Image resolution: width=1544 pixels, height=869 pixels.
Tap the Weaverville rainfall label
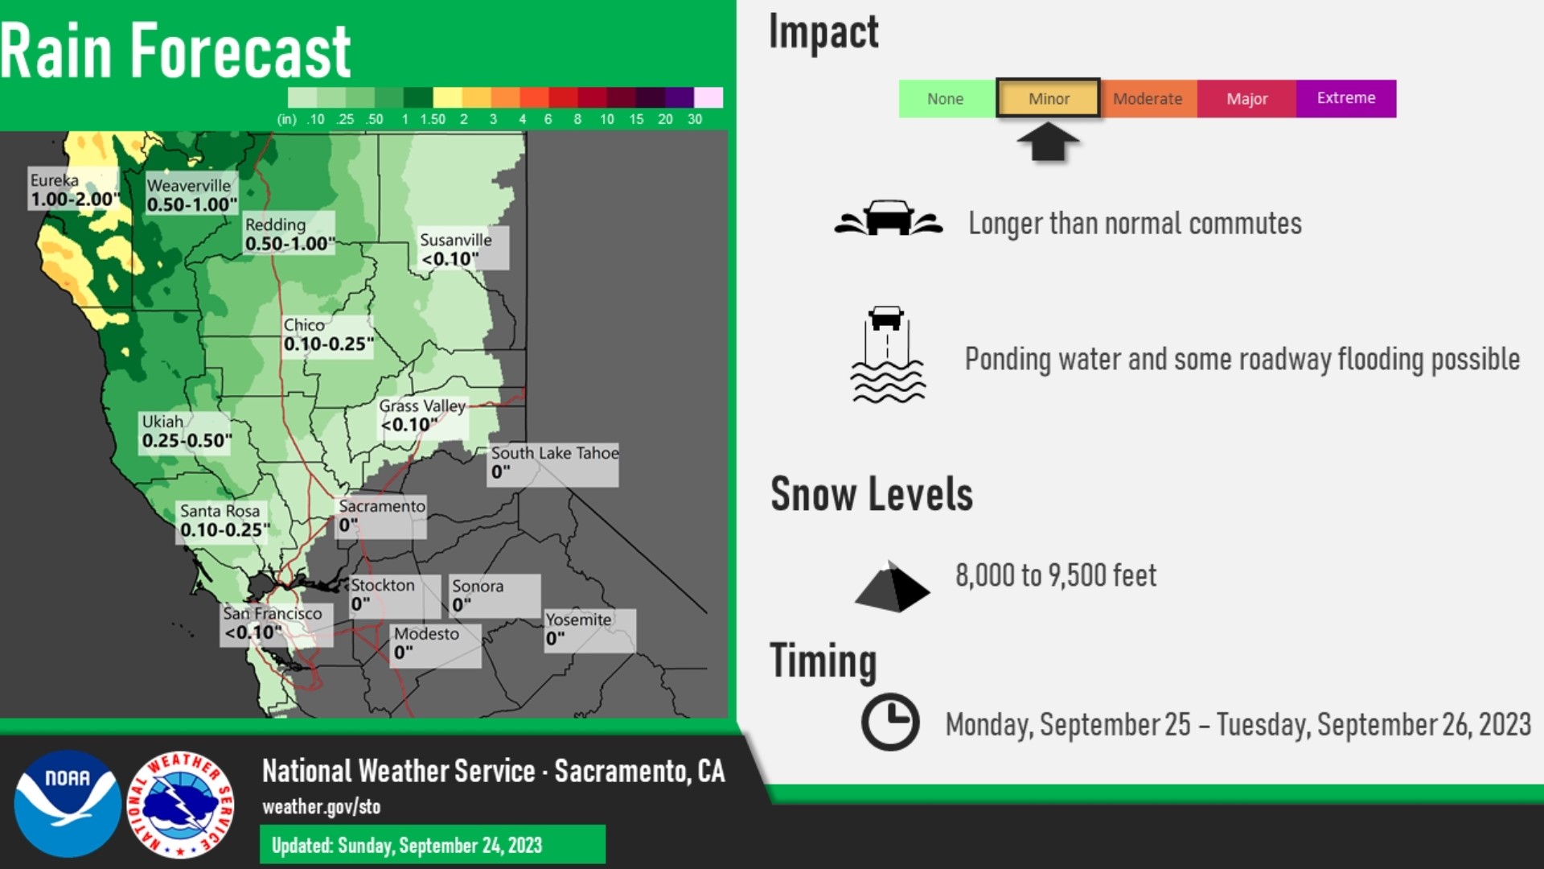(x=191, y=195)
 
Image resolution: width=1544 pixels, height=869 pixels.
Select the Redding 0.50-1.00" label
(x=289, y=234)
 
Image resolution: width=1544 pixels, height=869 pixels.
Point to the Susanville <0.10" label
(x=463, y=249)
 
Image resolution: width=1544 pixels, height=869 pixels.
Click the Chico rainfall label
(x=327, y=335)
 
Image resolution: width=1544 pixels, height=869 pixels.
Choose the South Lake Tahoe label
(x=554, y=463)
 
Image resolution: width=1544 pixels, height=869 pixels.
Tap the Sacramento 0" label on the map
(x=381, y=516)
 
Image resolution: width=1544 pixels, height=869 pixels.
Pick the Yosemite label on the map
(x=589, y=630)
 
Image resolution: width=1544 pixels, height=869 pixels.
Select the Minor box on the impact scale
(x=1048, y=98)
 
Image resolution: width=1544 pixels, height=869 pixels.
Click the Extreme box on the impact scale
(x=1345, y=98)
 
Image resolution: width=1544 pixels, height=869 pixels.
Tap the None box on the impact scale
(x=946, y=98)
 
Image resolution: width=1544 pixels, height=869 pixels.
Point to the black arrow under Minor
(x=1048, y=142)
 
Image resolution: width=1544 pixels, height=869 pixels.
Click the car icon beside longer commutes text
(x=889, y=218)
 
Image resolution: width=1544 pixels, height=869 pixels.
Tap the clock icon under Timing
(x=890, y=722)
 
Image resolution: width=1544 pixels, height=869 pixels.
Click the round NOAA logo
(x=68, y=803)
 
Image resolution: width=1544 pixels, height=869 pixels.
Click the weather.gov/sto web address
(x=321, y=806)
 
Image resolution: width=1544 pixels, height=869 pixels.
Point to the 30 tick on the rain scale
(x=695, y=119)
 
